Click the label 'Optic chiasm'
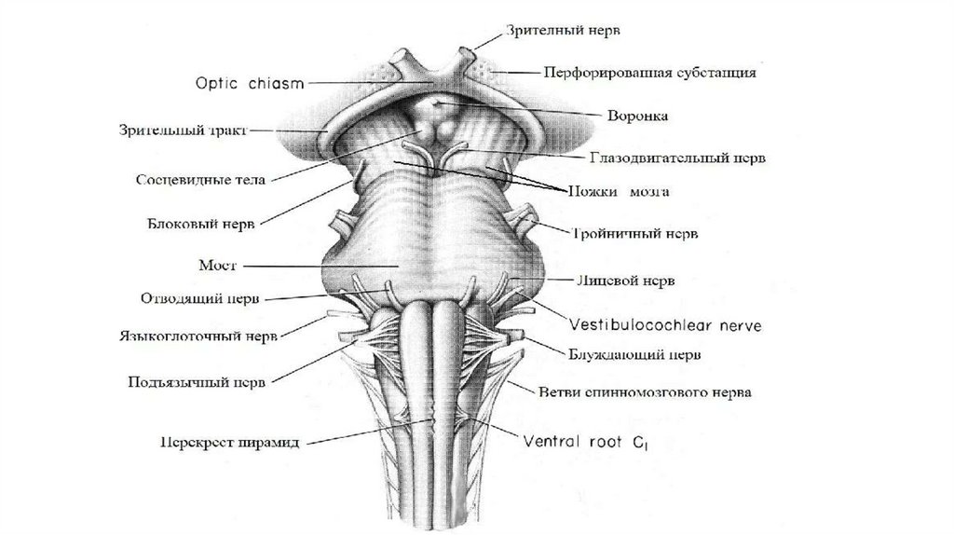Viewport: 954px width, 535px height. pyautogui.click(x=249, y=82)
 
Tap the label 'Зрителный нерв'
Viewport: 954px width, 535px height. pyautogui.click(x=564, y=30)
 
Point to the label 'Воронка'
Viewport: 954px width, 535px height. pyautogui.click(x=634, y=116)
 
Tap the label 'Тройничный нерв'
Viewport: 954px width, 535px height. pyautogui.click(x=635, y=232)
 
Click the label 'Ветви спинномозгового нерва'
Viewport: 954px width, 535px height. pyautogui.click(x=646, y=392)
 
